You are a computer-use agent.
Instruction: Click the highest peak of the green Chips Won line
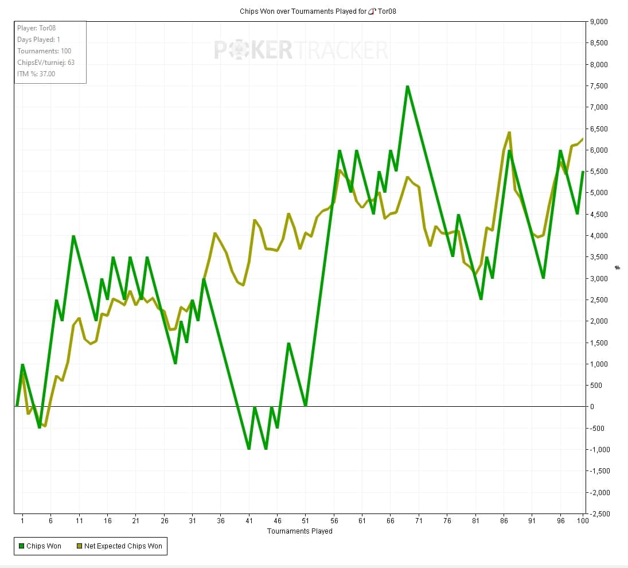point(407,87)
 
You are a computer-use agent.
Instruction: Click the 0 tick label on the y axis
point(594,407)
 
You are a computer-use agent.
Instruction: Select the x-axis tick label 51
point(305,521)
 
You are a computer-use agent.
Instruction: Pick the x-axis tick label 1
point(22,521)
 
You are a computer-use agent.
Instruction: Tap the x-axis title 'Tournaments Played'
point(299,531)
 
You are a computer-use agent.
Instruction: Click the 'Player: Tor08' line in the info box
point(36,28)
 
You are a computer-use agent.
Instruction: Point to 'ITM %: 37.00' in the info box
point(36,73)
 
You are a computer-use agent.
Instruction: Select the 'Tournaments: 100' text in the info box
point(44,51)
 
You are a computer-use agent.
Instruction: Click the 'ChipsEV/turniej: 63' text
point(46,63)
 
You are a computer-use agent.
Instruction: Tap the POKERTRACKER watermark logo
point(301,50)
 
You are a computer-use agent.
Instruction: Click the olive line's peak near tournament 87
point(509,133)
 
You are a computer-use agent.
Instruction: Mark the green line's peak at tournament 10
point(73,236)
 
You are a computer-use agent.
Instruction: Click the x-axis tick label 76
point(447,521)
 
